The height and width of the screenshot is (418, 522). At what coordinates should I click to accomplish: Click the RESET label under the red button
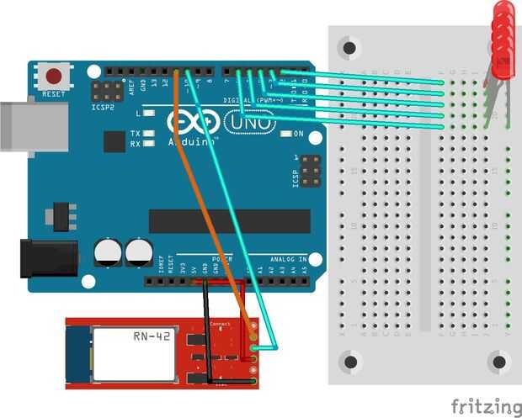click(54, 94)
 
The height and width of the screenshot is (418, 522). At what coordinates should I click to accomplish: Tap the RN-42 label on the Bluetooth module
click(150, 337)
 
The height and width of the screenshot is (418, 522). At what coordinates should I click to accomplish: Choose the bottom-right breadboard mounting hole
click(501, 361)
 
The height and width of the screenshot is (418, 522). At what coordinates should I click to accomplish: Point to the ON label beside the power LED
click(298, 135)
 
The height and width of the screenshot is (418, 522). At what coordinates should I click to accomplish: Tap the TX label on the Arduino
click(136, 134)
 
